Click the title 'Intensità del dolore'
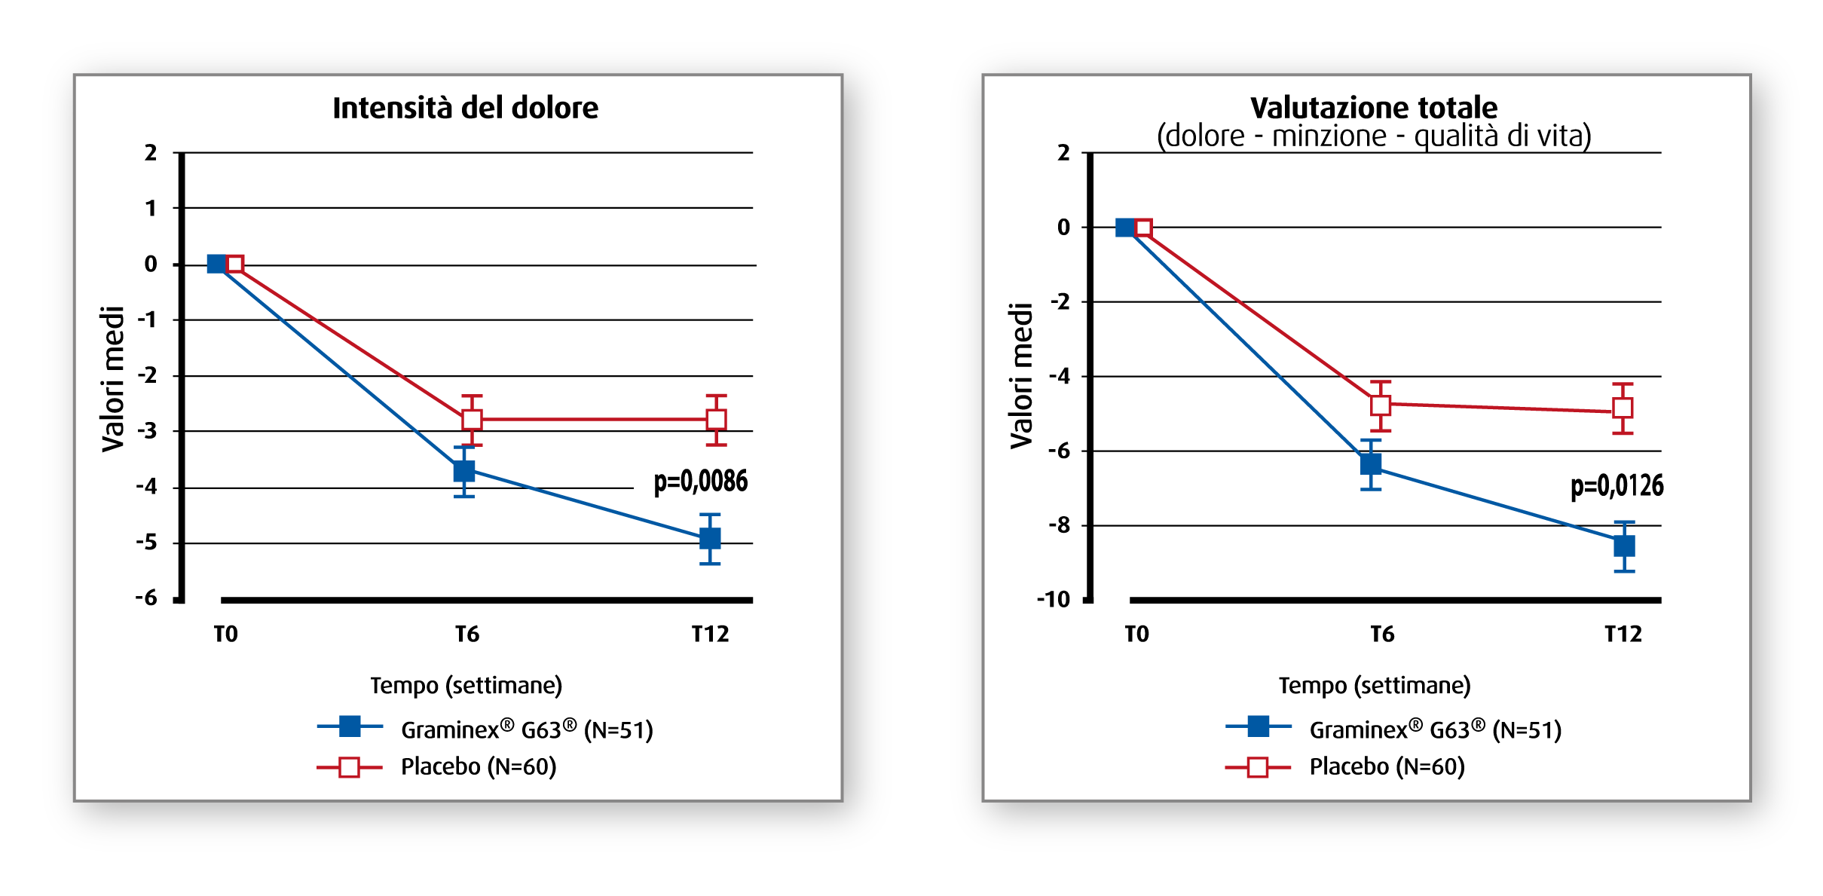pos(465,109)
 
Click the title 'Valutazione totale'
pos(1374,108)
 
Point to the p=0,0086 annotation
pos(701,482)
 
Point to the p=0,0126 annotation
pos(1617,486)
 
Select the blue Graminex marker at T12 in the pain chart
pos(710,539)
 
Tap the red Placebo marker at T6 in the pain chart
pos(472,420)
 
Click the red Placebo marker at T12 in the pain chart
pos(717,420)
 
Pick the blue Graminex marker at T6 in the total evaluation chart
pos(1371,464)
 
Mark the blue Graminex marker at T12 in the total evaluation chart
pos(1624,546)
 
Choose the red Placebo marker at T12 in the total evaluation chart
pos(1623,408)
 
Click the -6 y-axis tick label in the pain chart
pos(147,598)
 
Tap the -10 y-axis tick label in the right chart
pos(1054,600)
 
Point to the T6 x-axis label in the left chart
pos(467,635)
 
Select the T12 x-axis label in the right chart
pos(1623,635)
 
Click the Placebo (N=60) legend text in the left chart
pos(479,767)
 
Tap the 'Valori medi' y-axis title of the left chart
pos(113,379)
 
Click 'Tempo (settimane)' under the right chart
pos(1375,686)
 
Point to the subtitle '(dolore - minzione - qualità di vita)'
pos(1374,136)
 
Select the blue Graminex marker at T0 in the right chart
pos(1125,228)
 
